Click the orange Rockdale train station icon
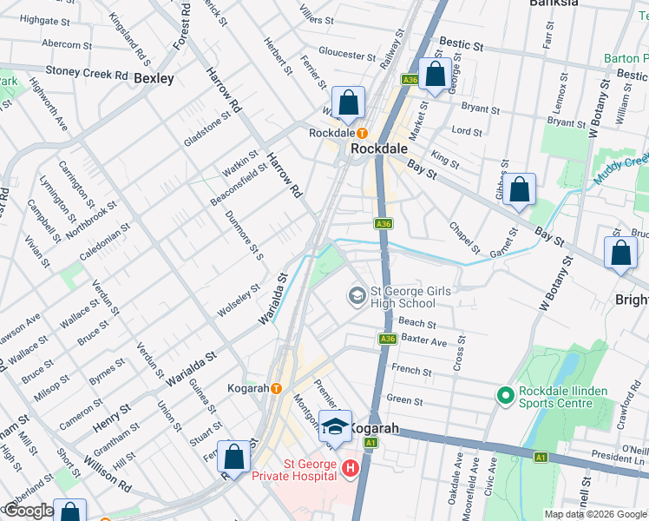[x=363, y=134]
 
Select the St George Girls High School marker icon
[x=357, y=297]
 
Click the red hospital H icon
[x=351, y=470]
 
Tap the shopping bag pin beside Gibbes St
[x=519, y=190]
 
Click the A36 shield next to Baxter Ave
[x=387, y=340]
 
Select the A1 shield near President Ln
[x=541, y=457]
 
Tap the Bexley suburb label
[x=154, y=78]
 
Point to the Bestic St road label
[x=465, y=42]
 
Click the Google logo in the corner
[x=28, y=511]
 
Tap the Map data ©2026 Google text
[x=595, y=514]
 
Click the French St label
[x=411, y=371]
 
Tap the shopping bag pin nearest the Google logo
[x=69, y=512]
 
